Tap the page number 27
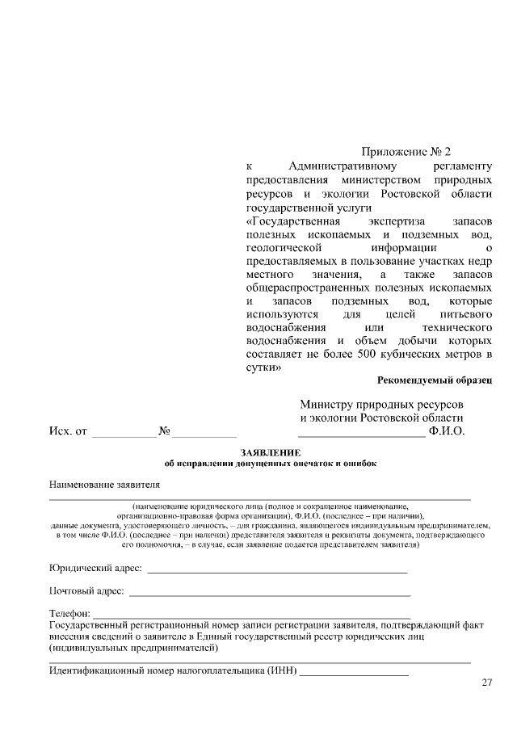click(486, 683)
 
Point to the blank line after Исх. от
click(124, 435)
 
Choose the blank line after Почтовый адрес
click(270, 594)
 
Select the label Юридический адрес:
click(95, 569)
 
